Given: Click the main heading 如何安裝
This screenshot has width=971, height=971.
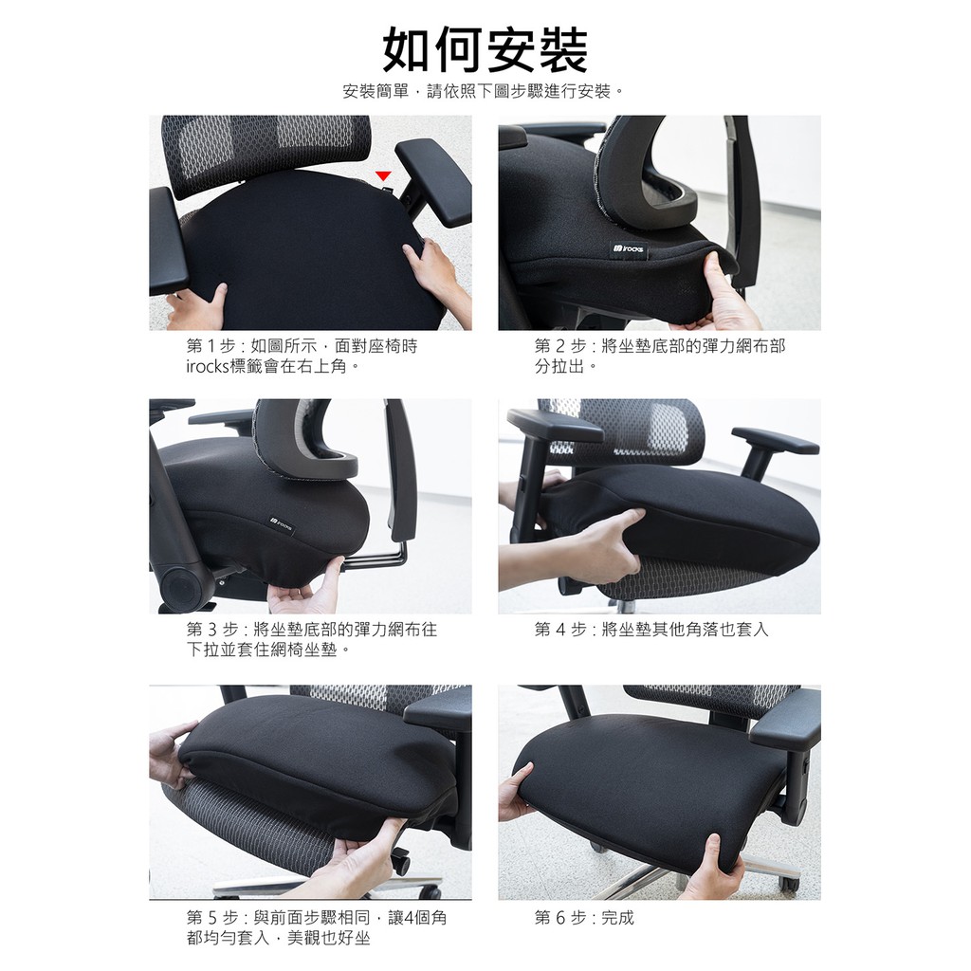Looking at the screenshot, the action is (485, 50).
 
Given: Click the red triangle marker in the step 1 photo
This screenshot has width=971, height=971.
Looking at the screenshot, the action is (384, 176).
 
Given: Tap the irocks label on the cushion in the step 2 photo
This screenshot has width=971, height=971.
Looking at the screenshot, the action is (629, 249).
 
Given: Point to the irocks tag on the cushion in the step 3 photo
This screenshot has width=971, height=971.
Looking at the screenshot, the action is (281, 525).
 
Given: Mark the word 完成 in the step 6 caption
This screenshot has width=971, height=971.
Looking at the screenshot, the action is (617, 917).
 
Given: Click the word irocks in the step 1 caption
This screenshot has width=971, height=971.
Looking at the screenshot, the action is (208, 367).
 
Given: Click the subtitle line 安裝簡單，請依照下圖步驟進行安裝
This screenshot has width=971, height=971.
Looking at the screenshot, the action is (477, 92).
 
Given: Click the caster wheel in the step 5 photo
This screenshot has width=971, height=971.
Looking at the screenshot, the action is (401, 862).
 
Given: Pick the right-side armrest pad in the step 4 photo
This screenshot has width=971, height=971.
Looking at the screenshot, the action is (775, 439).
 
